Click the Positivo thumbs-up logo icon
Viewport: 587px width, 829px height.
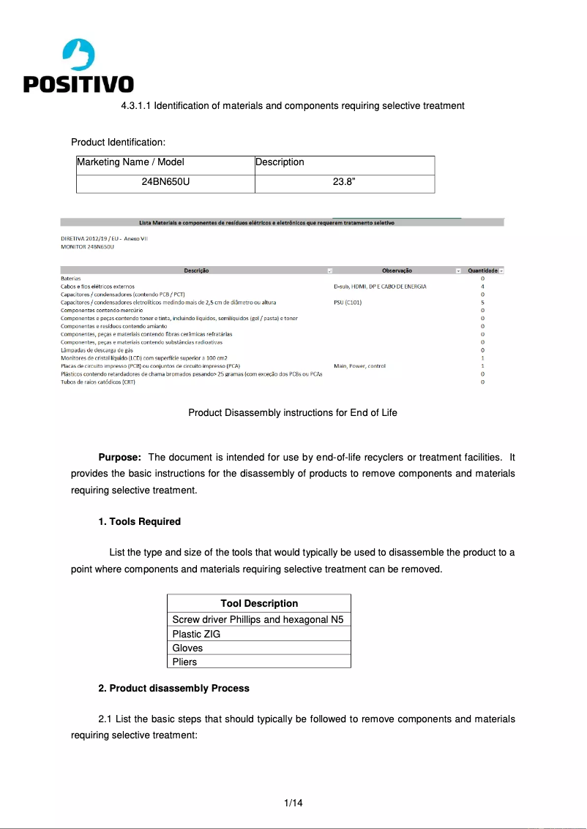[x=78, y=55]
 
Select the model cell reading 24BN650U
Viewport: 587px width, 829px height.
[x=165, y=181]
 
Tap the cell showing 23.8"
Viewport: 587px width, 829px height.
[x=344, y=181]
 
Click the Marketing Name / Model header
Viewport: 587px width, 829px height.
[x=131, y=162]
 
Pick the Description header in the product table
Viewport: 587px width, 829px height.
[x=280, y=162]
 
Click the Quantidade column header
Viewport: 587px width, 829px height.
[x=482, y=270]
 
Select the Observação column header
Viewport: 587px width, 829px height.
[x=397, y=270]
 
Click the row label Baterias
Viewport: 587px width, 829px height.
[x=70, y=279]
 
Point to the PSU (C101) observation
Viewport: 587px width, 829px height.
[x=348, y=302]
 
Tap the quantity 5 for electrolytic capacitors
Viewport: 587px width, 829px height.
[x=482, y=302]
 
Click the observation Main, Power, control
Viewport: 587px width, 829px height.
[x=359, y=366]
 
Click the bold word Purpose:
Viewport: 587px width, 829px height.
[x=119, y=458]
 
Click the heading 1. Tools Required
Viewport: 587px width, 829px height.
[x=139, y=522]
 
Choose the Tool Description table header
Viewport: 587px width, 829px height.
[x=259, y=604]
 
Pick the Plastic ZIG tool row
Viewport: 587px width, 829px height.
[x=196, y=634]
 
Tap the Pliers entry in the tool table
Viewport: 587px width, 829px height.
[x=184, y=662]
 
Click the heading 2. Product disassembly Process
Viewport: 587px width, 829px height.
[x=173, y=689]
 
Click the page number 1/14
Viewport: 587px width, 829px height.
[x=293, y=803]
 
